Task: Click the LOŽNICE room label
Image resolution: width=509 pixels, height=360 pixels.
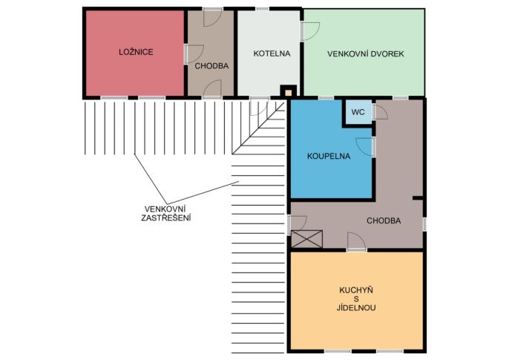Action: pos(136,52)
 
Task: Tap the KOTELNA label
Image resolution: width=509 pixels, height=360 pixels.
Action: pos(272,53)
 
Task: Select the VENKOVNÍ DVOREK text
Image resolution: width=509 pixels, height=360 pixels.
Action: pos(366,54)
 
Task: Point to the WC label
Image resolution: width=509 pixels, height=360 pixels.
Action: pos(358,112)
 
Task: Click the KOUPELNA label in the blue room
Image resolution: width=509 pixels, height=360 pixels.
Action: pos(329,156)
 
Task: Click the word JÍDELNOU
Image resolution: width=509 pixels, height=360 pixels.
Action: pos(356,307)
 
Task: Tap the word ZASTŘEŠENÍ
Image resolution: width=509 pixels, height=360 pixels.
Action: pos(166,217)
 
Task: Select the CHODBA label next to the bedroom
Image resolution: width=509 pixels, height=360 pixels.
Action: pos(211,66)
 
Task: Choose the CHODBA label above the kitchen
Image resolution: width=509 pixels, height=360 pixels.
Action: pos(384,220)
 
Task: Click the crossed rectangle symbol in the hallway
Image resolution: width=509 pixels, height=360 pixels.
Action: pos(306,239)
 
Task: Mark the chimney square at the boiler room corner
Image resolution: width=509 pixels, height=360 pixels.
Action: pos(288,93)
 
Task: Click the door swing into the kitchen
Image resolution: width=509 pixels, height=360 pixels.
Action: pos(356,241)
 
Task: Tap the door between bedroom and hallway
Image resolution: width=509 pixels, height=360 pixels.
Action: pos(194,54)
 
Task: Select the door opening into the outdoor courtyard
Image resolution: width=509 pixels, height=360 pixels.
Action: pos(310,31)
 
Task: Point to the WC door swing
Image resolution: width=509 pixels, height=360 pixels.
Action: pos(380,111)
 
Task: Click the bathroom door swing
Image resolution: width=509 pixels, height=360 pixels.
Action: pos(364,147)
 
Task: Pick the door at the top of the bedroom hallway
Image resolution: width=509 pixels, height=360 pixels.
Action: pos(213,17)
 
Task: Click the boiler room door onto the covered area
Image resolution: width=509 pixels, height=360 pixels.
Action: pos(260,106)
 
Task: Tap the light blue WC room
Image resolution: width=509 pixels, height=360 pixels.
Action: pos(358,112)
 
